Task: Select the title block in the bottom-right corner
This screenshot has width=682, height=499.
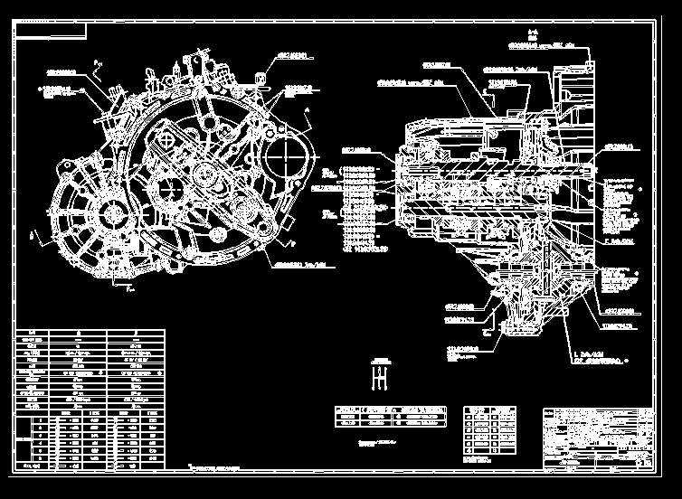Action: click(598, 438)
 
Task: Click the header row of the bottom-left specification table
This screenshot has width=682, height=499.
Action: click(90, 334)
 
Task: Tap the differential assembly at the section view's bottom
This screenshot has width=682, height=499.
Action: click(534, 294)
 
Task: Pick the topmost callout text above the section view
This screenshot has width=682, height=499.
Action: click(541, 43)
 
